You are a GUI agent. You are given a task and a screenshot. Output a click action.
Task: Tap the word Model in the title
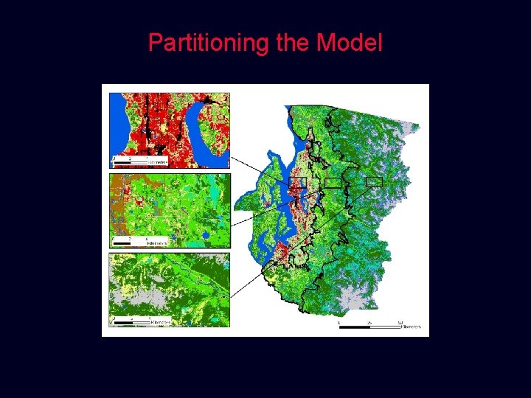(350, 43)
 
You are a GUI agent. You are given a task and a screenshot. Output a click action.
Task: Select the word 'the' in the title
(294, 43)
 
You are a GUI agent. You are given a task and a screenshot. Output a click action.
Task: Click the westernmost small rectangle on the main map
(297, 182)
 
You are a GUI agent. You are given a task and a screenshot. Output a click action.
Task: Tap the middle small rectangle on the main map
(333, 182)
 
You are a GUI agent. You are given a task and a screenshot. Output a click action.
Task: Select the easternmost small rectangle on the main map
(375, 181)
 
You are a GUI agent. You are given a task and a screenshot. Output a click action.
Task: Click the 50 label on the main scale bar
(400, 321)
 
